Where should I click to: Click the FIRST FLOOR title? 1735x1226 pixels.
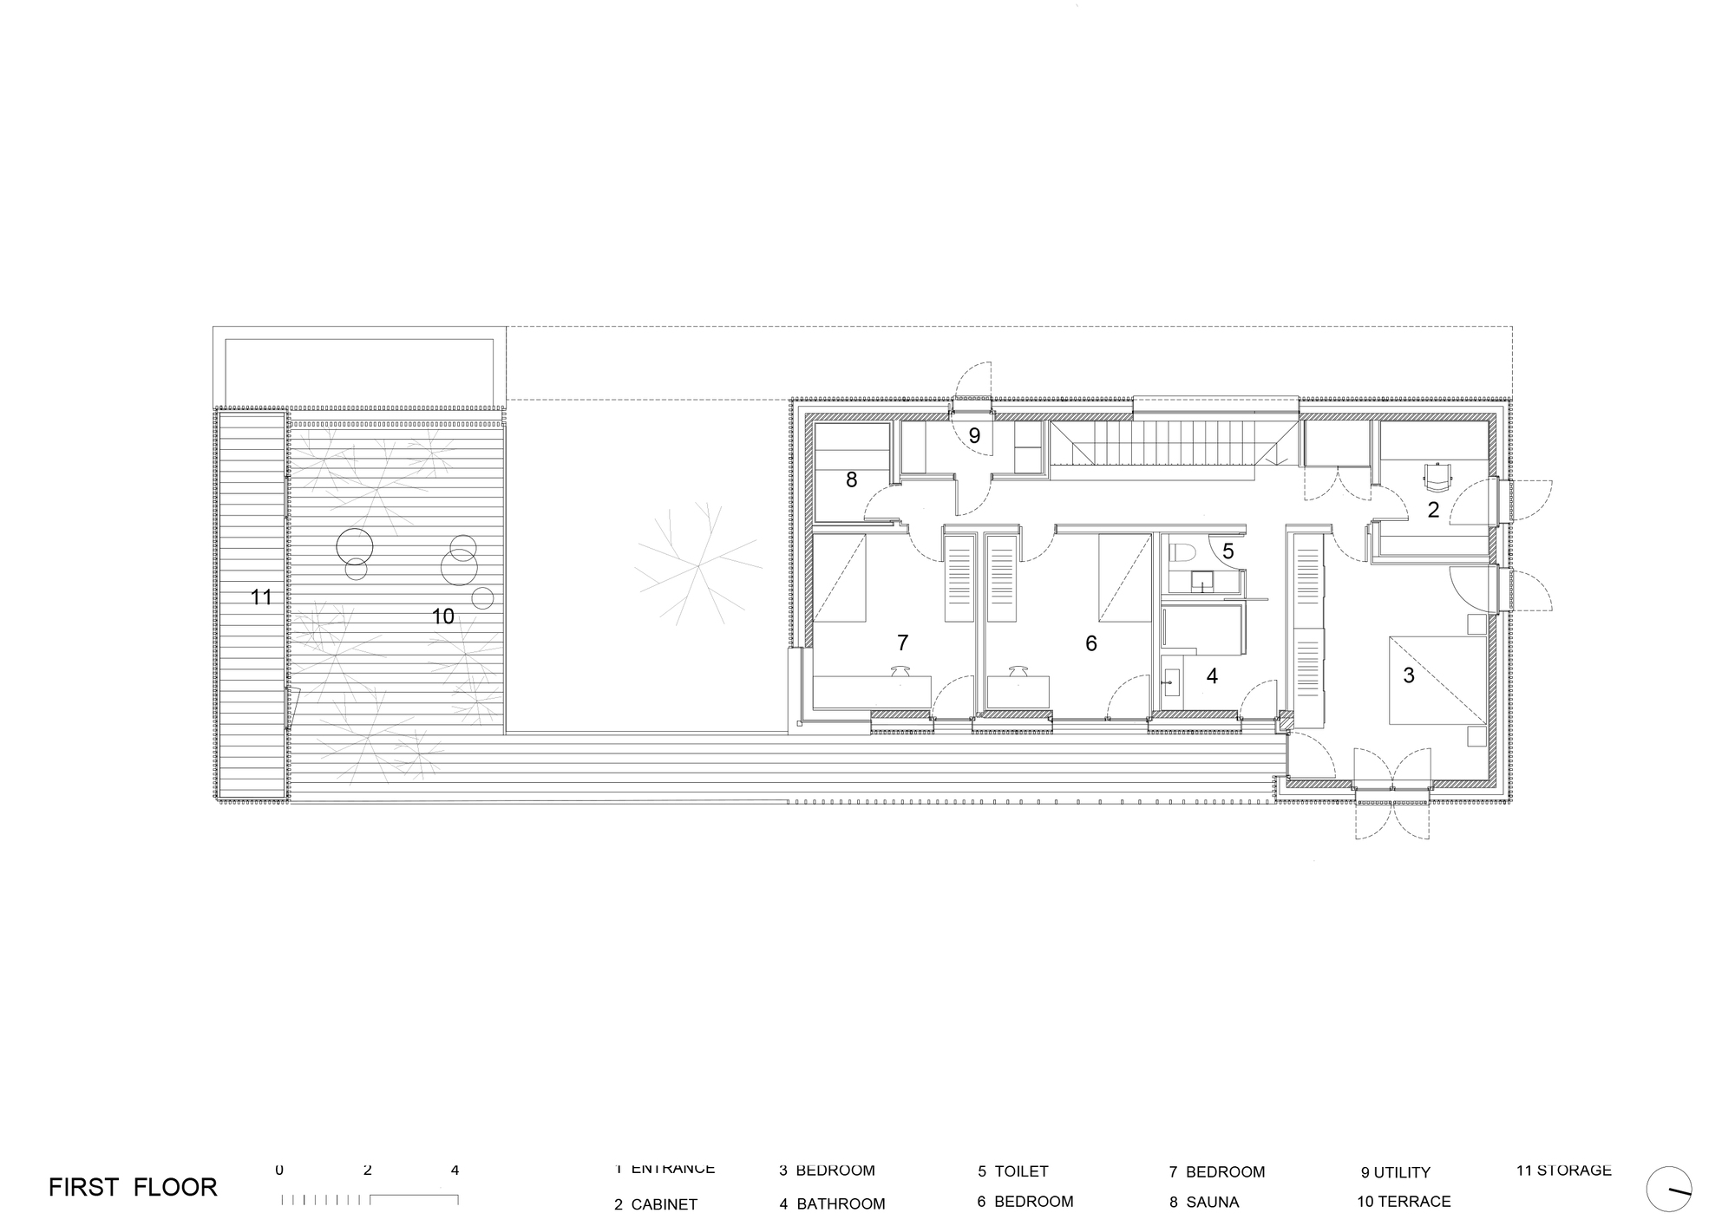pos(133,1187)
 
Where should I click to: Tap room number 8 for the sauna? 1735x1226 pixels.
pos(851,479)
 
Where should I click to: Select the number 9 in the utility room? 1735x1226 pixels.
pos(974,436)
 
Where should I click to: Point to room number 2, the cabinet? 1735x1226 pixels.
pos(1433,510)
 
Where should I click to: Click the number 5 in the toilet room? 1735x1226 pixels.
pos(1228,551)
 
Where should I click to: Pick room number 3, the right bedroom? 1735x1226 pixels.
pos(1409,675)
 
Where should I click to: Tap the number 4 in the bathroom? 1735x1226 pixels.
pos(1212,675)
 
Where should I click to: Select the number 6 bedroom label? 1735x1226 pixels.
pos(1091,643)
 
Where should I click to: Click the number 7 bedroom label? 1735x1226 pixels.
pos(902,642)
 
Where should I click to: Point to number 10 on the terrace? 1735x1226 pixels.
pos(442,616)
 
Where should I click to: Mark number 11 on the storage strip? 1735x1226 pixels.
pos(261,597)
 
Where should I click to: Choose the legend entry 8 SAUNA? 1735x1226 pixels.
pos(1204,1203)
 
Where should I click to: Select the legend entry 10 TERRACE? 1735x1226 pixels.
pos(1404,1202)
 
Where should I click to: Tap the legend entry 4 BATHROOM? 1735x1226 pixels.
pos(832,1203)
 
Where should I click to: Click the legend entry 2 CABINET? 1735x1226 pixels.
pos(655,1204)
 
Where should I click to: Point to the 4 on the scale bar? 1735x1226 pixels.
pos(455,1171)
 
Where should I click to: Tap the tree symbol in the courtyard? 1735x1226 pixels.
pos(698,565)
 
